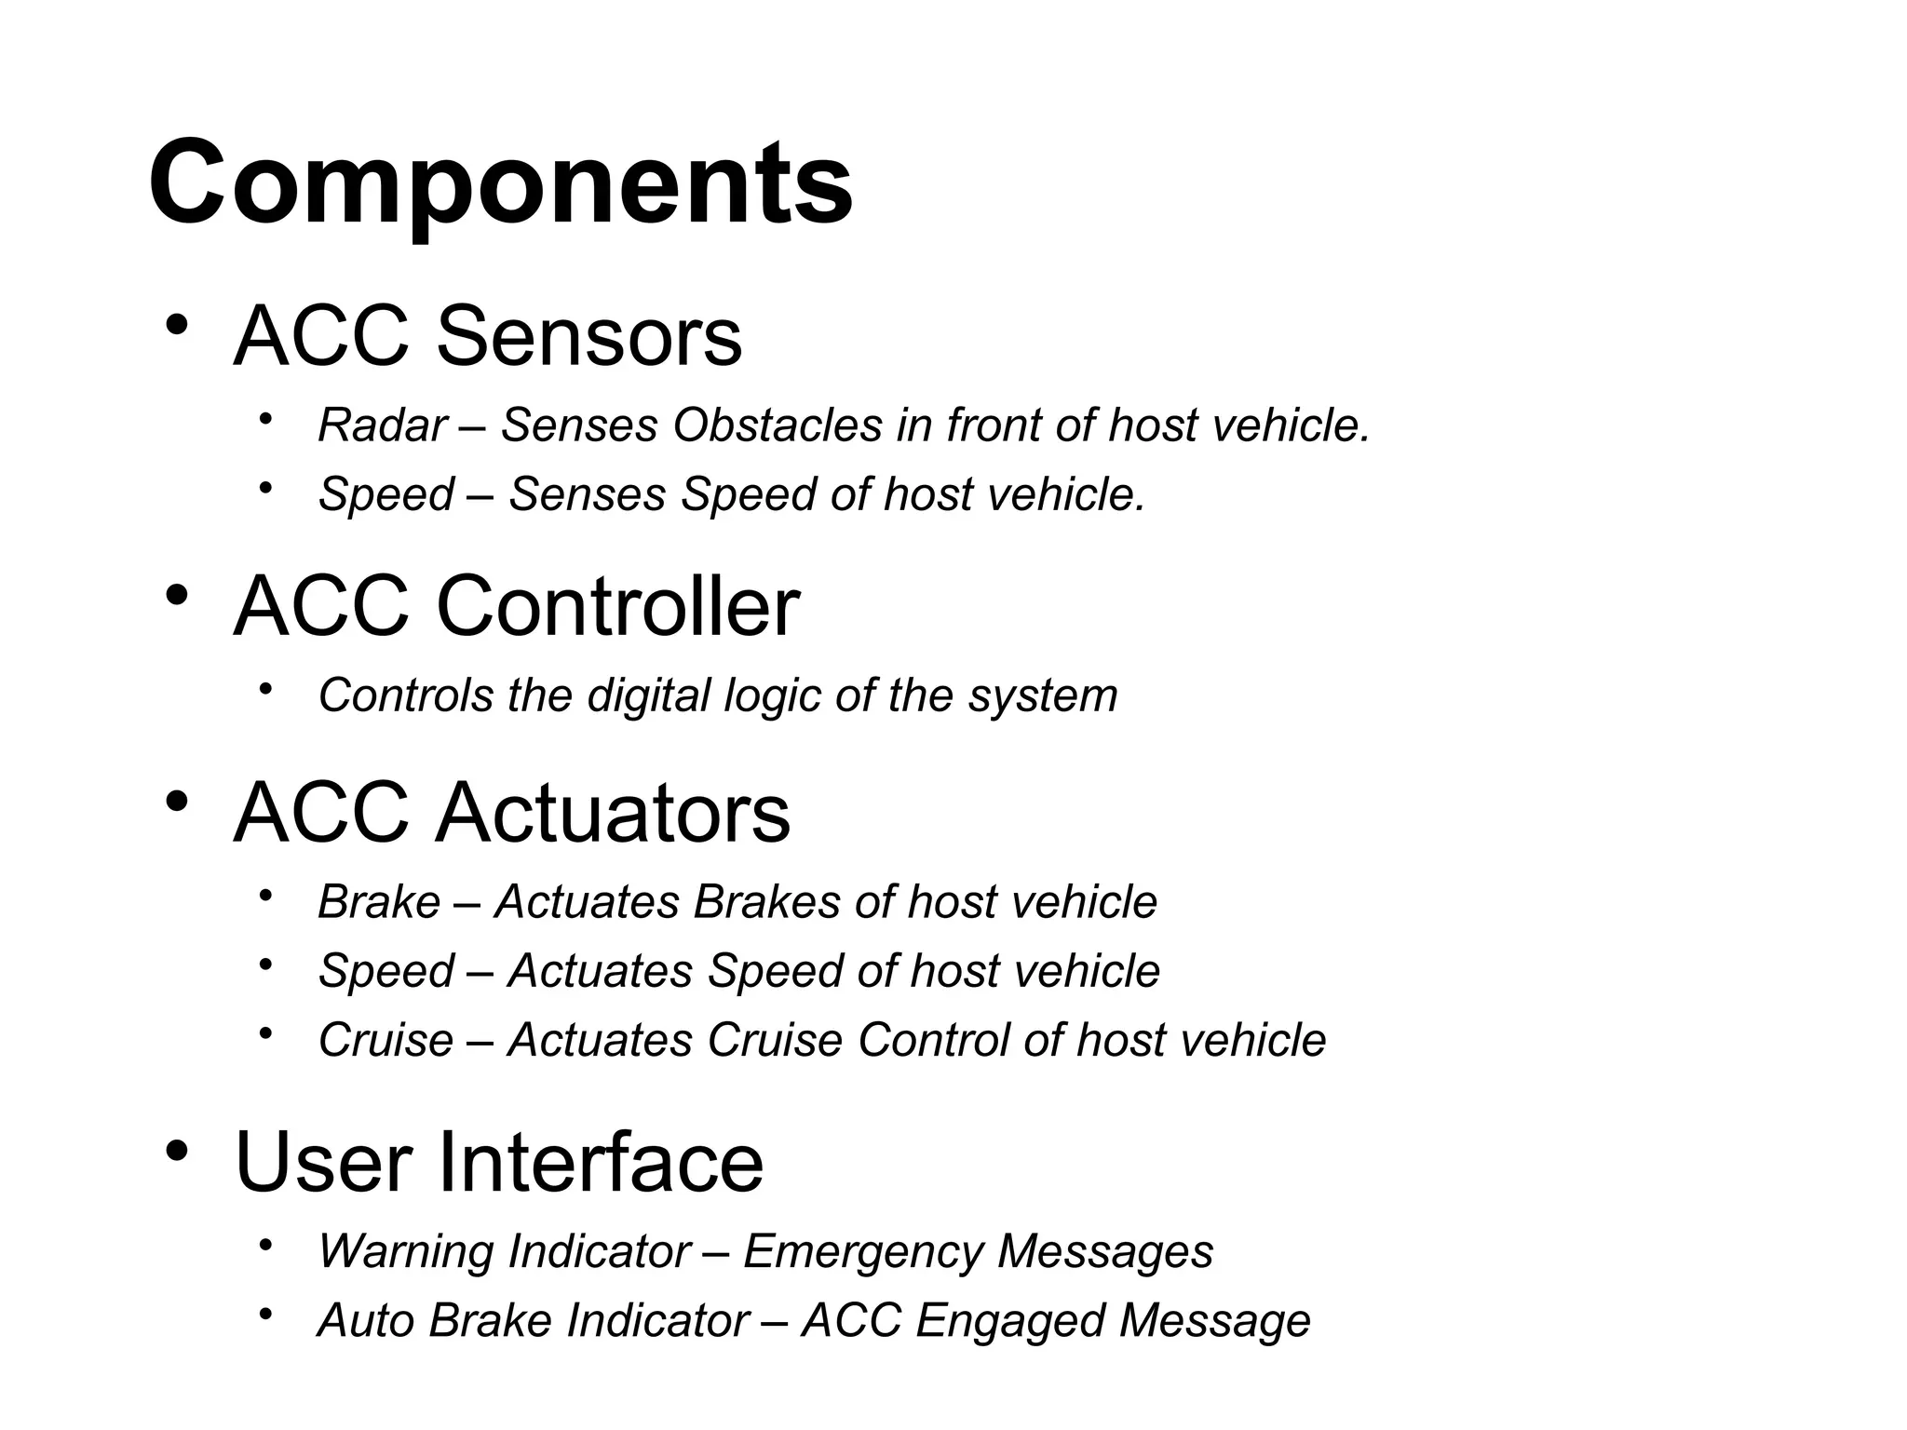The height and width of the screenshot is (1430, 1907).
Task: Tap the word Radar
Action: (x=382, y=425)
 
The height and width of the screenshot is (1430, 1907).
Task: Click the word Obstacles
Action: (x=778, y=425)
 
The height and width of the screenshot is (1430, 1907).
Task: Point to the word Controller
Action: (x=617, y=606)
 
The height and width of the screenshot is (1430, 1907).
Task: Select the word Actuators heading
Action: (x=613, y=813)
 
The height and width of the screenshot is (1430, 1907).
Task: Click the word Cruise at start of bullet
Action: (x=385, y=1040)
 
